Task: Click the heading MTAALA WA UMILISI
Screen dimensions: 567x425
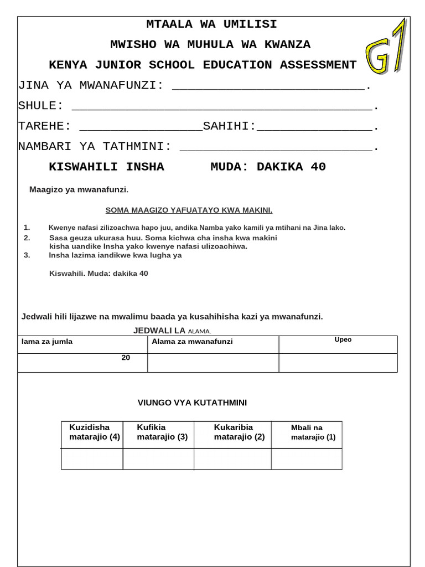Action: point(211,24)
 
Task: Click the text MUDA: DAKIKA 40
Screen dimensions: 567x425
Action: point(268,167)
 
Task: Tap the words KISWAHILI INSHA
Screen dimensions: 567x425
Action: point(106,167)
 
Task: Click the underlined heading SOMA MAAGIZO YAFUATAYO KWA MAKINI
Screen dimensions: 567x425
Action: point(189,210)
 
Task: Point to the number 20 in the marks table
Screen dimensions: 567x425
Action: point(126,358)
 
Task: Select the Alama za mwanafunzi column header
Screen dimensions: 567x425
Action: point(192,342)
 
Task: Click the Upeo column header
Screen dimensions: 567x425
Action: point(343,340)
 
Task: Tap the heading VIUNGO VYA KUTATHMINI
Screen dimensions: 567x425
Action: point(193,403)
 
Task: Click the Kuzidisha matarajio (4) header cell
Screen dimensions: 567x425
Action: point(93,432)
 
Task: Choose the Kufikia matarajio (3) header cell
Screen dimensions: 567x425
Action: point(162,432)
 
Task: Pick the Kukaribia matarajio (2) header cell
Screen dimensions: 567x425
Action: point(239,432)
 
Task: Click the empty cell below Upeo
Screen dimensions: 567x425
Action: point(338,363)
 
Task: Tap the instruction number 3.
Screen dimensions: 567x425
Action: point(27,255)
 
